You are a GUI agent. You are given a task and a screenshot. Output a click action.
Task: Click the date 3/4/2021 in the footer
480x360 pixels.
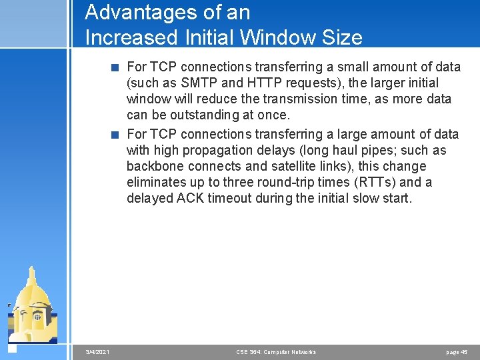[98, 352]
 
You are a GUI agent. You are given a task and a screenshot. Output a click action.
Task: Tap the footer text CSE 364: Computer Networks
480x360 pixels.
[276, 352]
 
